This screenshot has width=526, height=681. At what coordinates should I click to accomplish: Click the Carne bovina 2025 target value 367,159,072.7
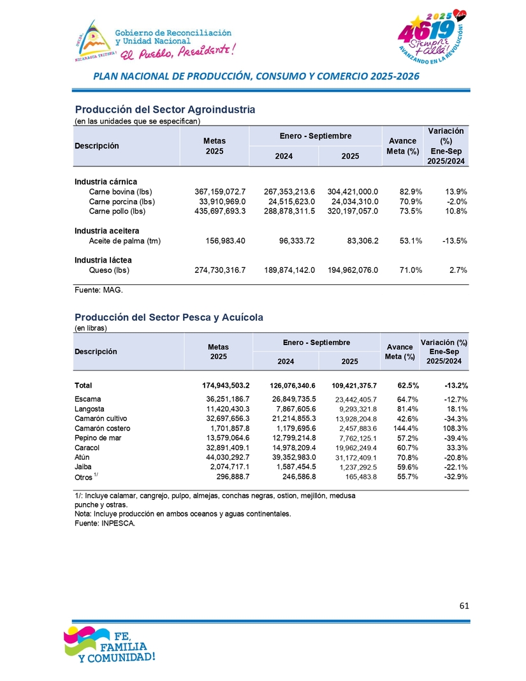point(219,191)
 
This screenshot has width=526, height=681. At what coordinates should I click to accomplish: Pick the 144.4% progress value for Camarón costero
point(403,428)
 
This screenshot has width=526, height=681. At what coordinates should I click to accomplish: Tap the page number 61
point(464,606)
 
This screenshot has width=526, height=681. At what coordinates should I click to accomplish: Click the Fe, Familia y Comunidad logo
point(108,645)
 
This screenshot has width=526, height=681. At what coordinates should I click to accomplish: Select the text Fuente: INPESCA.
point(105,524)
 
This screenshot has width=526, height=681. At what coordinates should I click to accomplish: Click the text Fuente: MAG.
point(98,290)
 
